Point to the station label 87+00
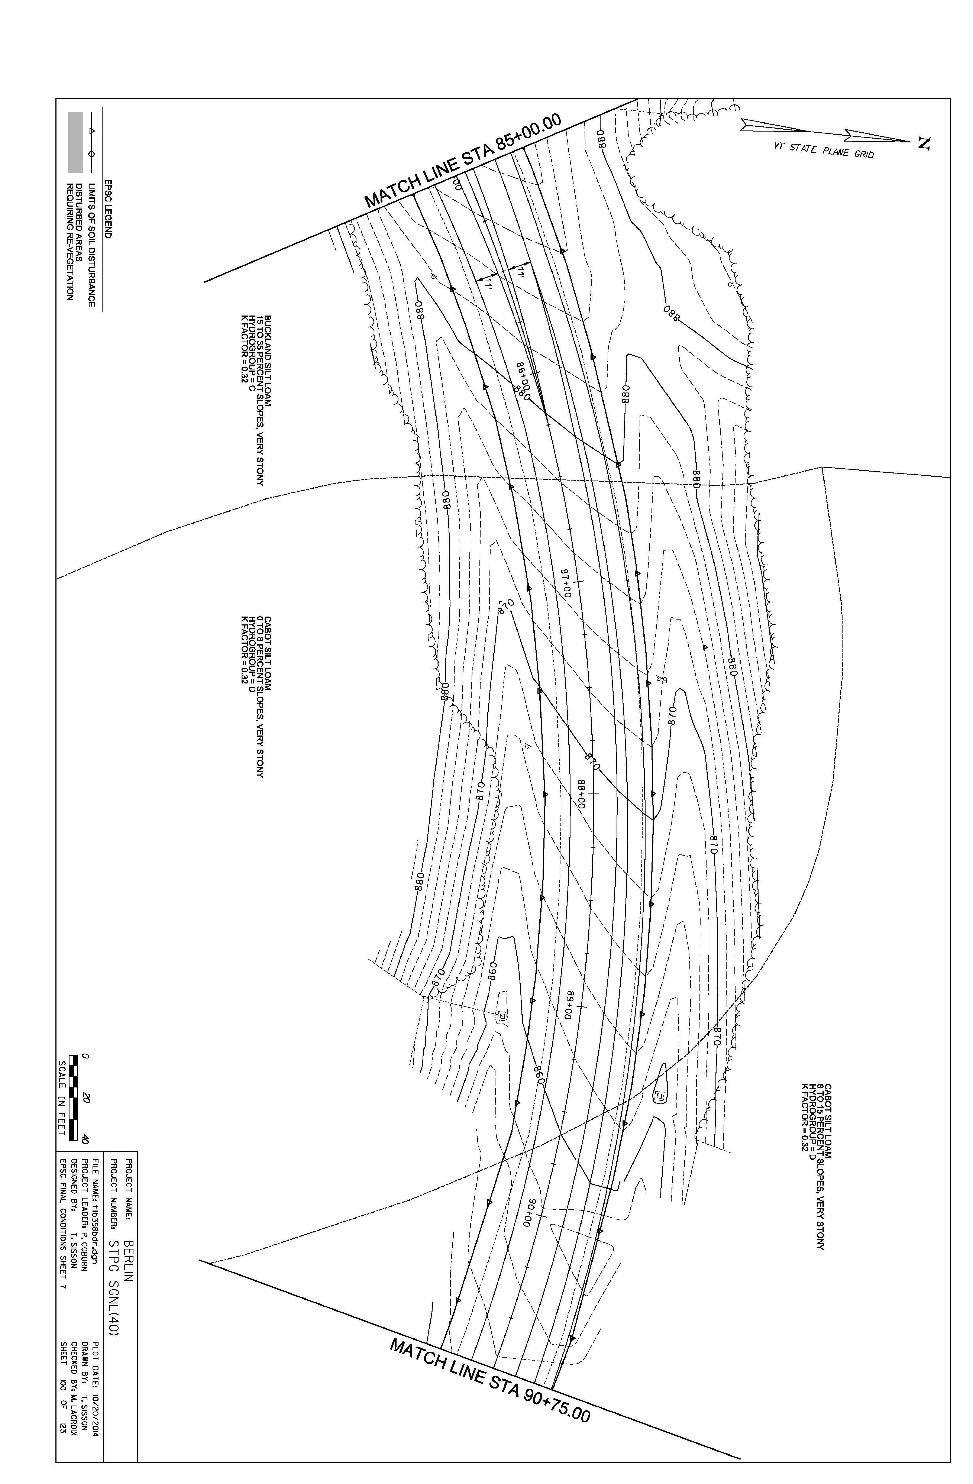(566, 582)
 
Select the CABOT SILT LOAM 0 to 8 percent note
(251, 696)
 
